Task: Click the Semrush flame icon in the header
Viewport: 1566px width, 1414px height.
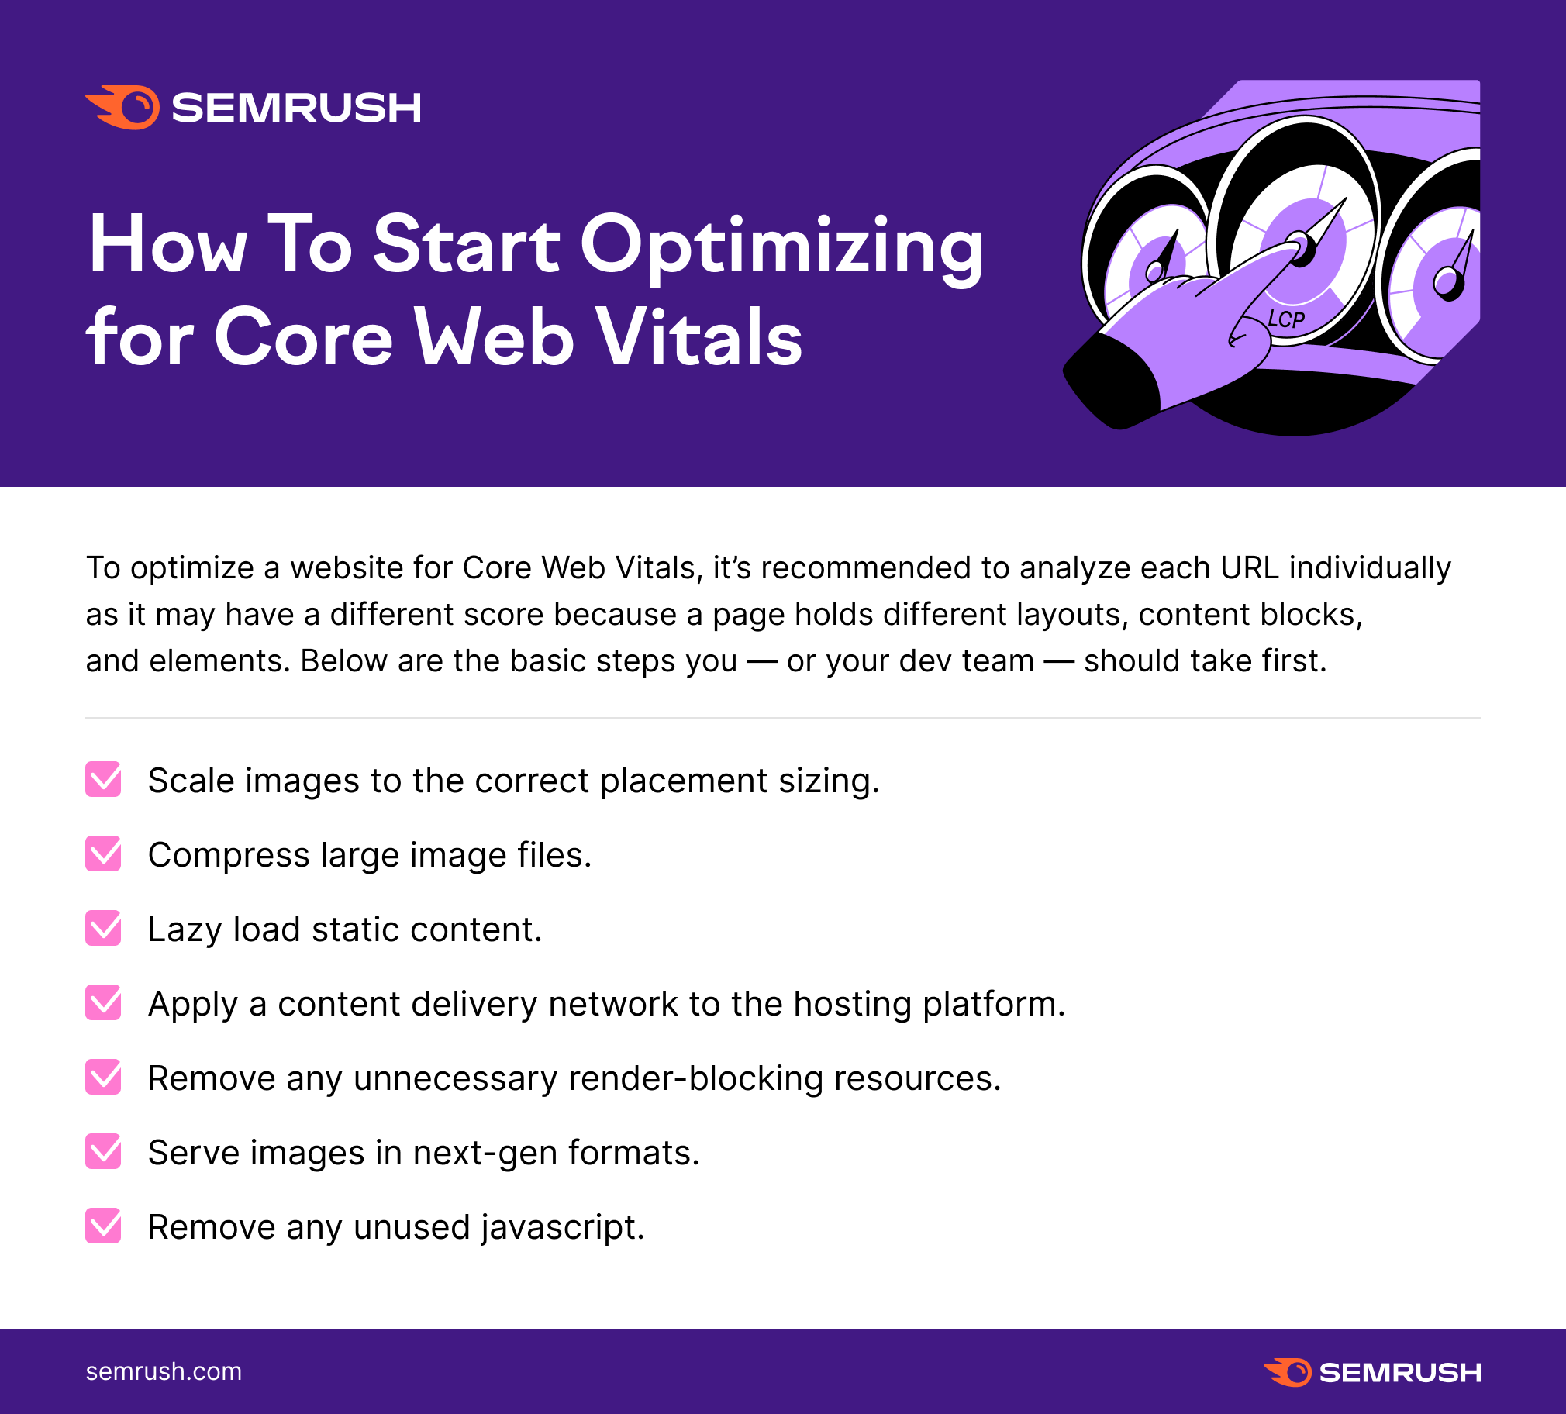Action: [x=123, y=107]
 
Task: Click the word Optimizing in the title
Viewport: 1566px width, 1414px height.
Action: [x=781, y=247]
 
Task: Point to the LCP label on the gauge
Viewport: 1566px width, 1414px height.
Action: [x=1286, y=319]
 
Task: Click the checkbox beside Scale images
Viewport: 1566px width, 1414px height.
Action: [x=103, y=779]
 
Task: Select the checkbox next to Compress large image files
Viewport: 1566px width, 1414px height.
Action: [x=103, y=854]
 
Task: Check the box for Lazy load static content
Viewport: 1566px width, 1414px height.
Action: [x=103, y=929]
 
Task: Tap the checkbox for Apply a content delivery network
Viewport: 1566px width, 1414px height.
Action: [x=103, y=1002]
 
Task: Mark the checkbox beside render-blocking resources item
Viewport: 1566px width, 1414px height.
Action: [x=103, y=1077]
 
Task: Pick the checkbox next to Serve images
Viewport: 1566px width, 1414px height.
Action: [x=103, y=1151]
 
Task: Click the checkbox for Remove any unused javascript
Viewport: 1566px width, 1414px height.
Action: [x=103, y=1226]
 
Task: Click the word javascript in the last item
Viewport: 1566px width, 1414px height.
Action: [x=562, y=1228]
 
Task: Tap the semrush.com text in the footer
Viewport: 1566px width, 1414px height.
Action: [x=164, y=1372]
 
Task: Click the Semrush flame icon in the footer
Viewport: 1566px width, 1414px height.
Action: [x=1288, y=1372]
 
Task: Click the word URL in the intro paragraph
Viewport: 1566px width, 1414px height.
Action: [x=1249, y=568]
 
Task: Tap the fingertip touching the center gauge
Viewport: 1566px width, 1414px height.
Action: [x=1292, y=250]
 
